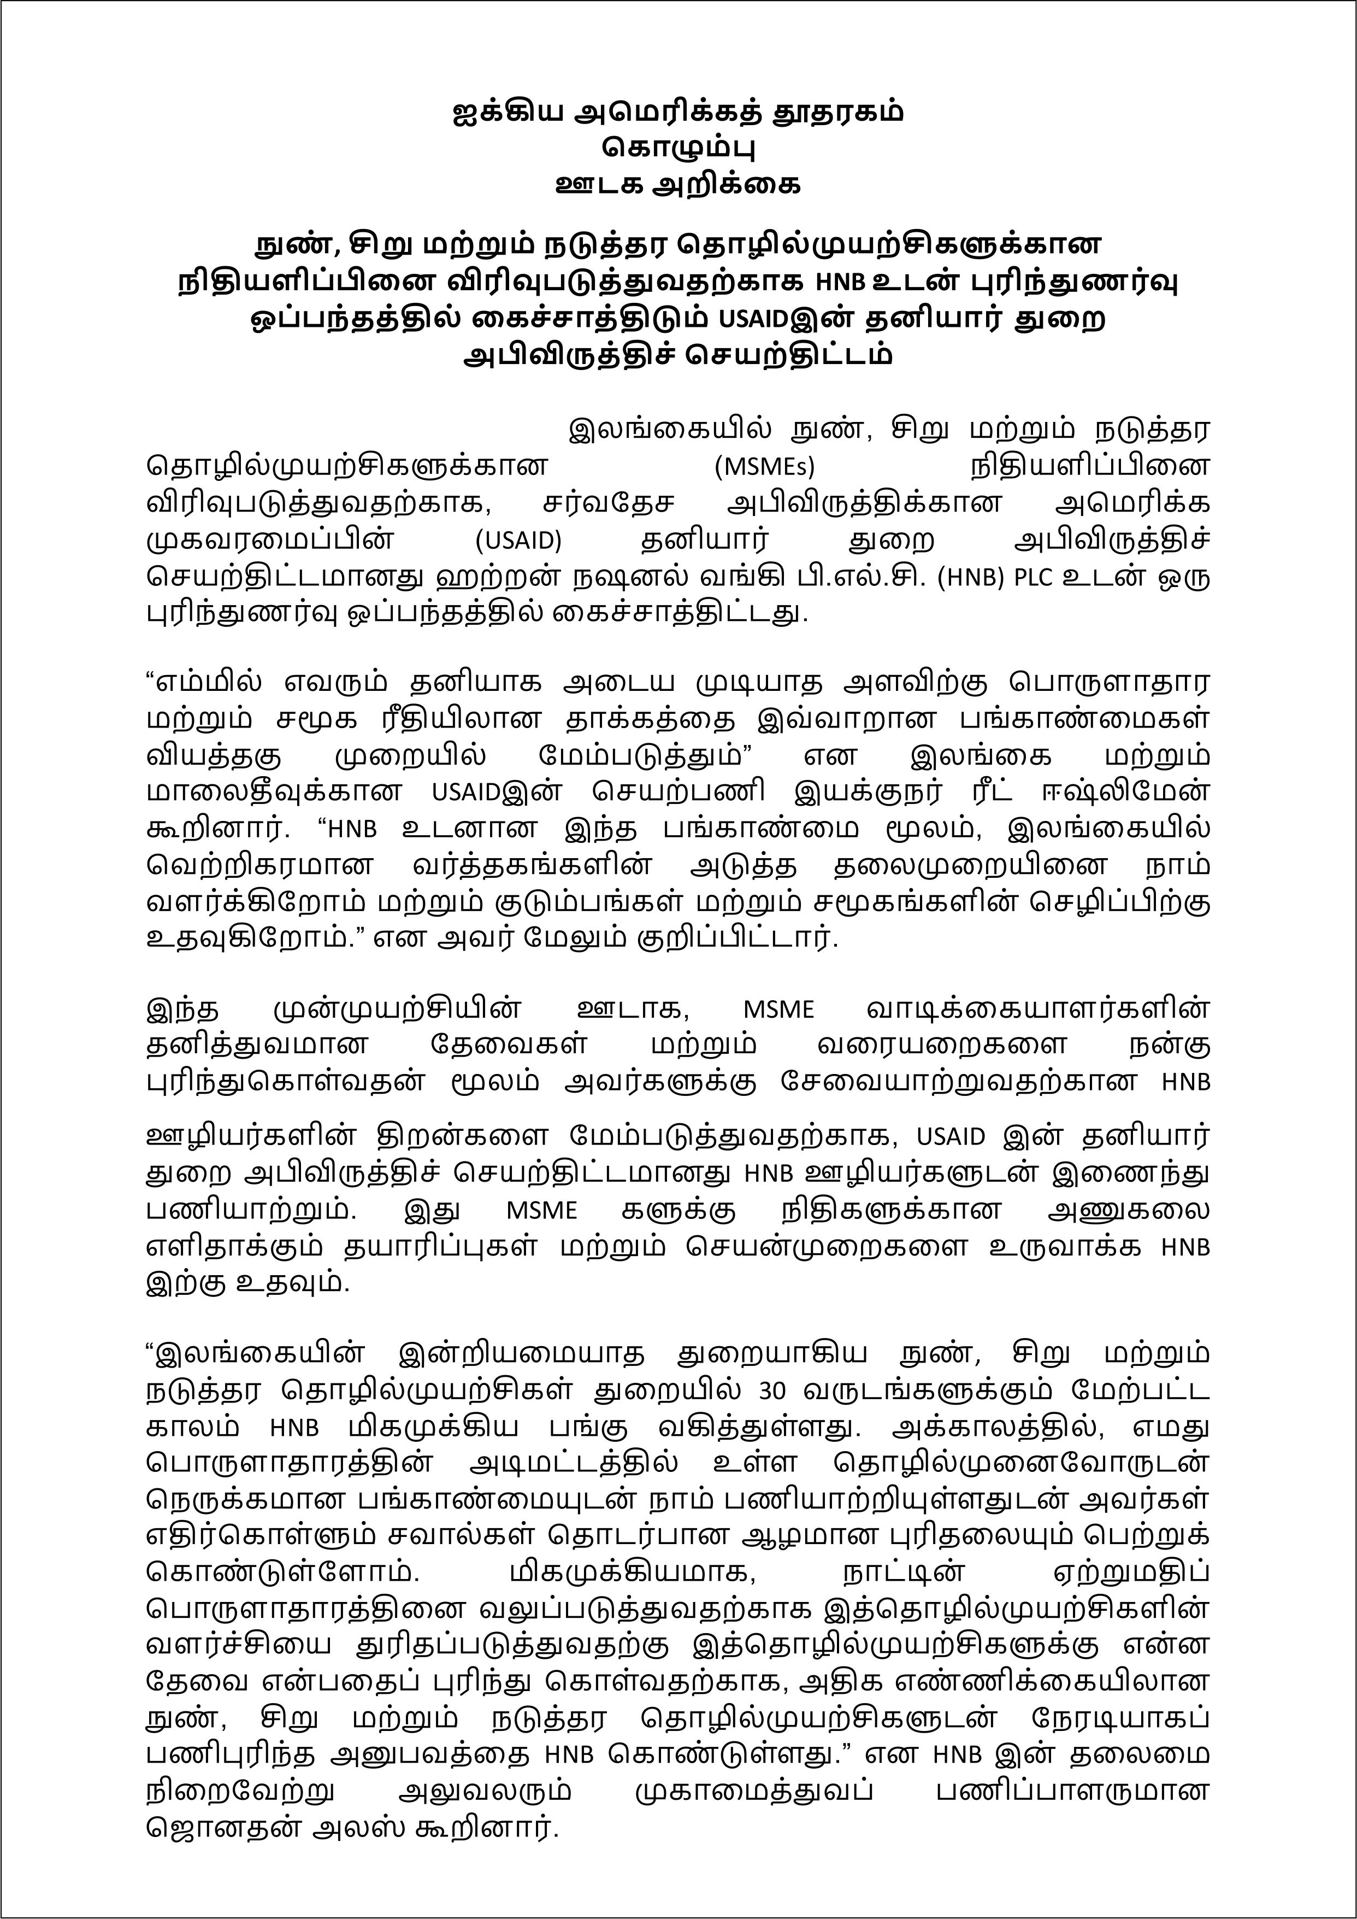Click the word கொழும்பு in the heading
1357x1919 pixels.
(x=677, y=148)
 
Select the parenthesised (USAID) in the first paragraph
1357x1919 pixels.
(x=518, y=540)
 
